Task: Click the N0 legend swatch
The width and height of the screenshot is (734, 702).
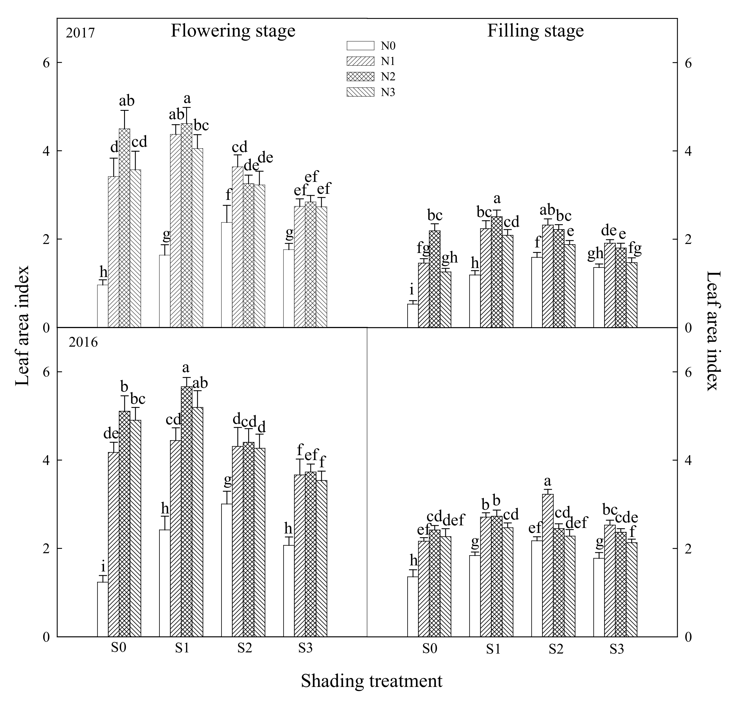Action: tap(360, 46)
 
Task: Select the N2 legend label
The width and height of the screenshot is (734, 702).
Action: tap(388, 77)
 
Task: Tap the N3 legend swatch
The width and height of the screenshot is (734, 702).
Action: tap(360, 92)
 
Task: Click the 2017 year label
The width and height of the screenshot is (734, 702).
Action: tap(80, 34)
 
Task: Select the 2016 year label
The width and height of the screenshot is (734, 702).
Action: tap(83, 342)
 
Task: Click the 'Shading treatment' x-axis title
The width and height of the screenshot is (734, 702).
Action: tap(371, 681)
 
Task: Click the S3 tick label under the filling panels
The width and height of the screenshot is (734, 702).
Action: tap(617, 649)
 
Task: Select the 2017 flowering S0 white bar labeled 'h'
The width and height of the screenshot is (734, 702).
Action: tap(102, 306)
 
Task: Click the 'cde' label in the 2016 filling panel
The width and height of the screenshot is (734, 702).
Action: tap(626, 518)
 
